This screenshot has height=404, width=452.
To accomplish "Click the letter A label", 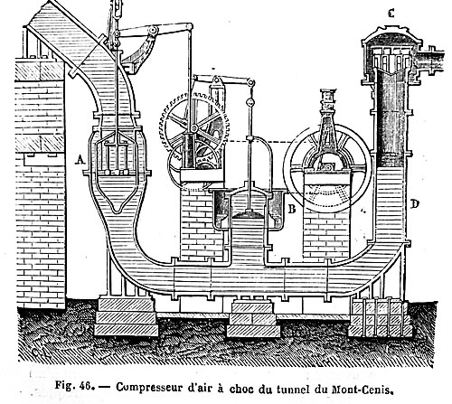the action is (80, 159).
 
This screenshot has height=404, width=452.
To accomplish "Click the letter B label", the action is (292, 208).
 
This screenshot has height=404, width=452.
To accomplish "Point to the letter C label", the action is (391, 14).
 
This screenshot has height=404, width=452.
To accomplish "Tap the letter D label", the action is (415, 204).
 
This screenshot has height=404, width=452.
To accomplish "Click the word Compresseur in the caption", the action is (149, 388).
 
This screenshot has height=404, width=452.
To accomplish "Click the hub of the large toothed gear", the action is (194, 128).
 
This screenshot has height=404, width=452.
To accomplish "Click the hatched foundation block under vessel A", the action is (126, 316).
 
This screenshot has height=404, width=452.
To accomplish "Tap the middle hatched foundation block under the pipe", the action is (253, 320).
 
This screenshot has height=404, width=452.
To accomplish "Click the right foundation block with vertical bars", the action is (380, 318).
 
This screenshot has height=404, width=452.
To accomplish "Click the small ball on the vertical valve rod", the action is (250, 102).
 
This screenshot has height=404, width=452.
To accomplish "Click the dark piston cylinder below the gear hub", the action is (189, 151).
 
